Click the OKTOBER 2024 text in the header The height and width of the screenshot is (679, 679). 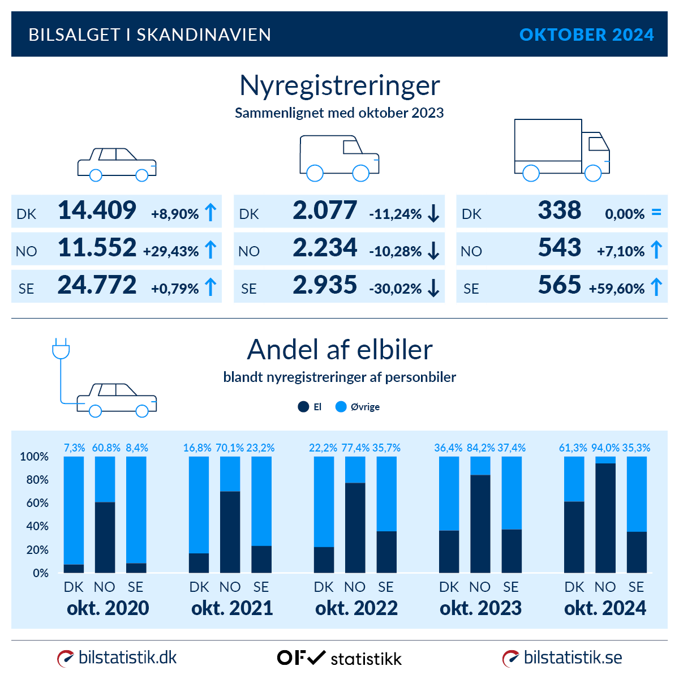pyautogui.click(x=586, y=35)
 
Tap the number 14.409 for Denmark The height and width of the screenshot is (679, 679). pyautogui.click(x=97, y=210)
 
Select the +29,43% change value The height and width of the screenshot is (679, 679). pyautogui.click(x=171, y=251)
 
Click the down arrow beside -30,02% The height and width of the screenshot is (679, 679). pyautogui.click(x=434, y=288)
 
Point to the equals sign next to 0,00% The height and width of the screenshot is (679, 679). pyautogui.click(x=656, y=213)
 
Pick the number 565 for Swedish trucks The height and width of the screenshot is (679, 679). pyautogui.click(x=559, y=285)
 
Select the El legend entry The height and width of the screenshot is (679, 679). pyautogui.click(x=310, y=407)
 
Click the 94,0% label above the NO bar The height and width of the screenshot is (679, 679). pyautogui.click(x=605, y=448)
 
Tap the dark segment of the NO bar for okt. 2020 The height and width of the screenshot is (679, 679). pyautogui.click(x=105, y=537)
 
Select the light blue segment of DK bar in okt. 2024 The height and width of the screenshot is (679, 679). pyautogui.click(x=574, y=479)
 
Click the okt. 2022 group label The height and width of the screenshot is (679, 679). pyautogui.click(x=356, y=608)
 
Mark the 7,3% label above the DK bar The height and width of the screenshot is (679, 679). pyautogui.click(x=74, y=448)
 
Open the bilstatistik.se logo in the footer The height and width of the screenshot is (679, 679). pyautogui.click(x=562, y=657)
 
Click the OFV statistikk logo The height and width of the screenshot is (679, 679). pyautogui.click(x=339, y=658)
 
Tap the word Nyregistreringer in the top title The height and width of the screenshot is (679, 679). pyautogui.click(x=339, y=86)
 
